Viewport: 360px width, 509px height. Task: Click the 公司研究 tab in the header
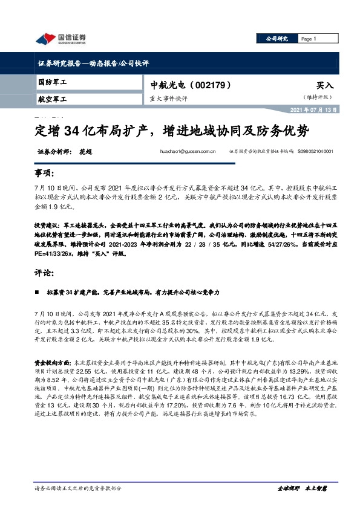pyautogui.click(x=277, y=39)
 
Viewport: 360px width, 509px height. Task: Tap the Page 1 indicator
pyautogui.click(x=309, y=39)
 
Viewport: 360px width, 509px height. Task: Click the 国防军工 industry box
pyautogui.click(x=52, y=82)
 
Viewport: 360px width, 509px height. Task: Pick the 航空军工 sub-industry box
pyautogui.click(x=52, y=99)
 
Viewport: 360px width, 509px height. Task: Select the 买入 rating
pyautogui.click(x=324, y=86)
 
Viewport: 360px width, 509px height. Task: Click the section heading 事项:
pyautogui.click(x=44, y=173)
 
